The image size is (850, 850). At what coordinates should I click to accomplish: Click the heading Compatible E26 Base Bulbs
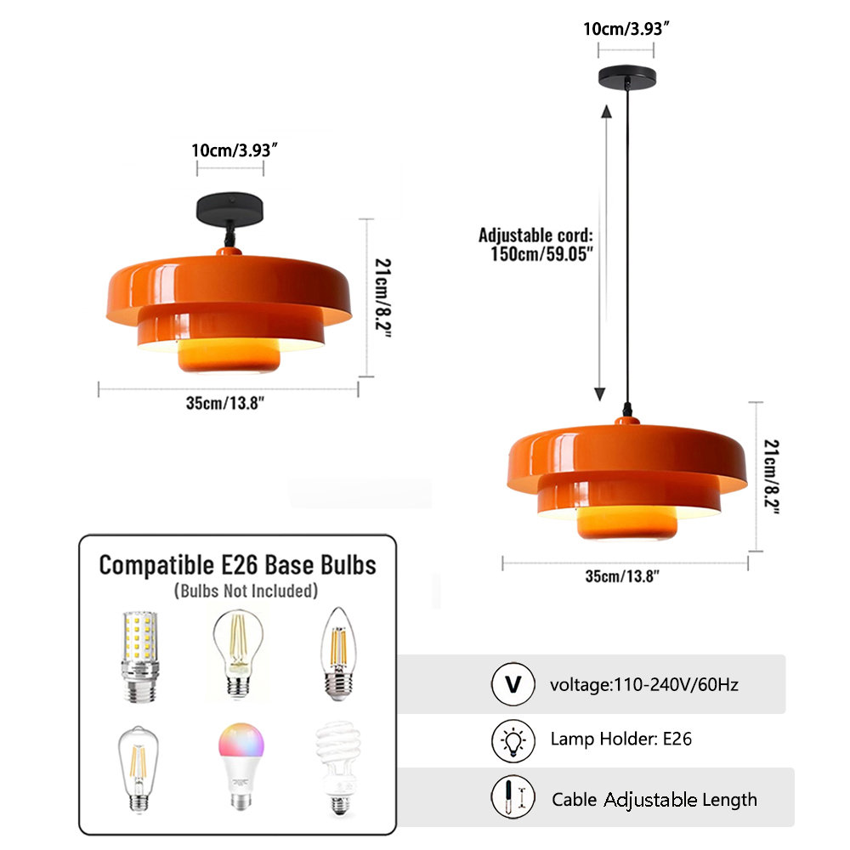[237, 564]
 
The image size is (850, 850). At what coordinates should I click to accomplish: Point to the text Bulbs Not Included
[246, 590]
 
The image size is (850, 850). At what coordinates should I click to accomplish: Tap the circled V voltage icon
[513, 684]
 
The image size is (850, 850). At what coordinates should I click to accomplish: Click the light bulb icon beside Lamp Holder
[513, 739]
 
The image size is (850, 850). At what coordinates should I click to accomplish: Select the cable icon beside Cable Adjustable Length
[513, 797]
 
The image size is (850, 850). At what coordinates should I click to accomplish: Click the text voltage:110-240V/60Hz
[644, 684]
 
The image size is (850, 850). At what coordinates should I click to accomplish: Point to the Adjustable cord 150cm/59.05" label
[535, 243]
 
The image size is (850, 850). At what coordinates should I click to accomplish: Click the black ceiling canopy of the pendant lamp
[627, 76]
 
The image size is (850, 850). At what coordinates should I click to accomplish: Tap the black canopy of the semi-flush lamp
[229, 206]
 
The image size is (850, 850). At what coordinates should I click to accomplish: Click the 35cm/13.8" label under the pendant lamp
[623, 577]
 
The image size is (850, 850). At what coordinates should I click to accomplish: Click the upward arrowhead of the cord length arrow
[606, 110]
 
